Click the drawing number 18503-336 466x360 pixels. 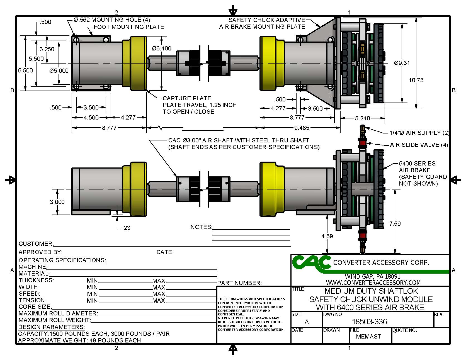369,322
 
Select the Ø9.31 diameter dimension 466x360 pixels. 402,63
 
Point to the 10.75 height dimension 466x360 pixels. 416,80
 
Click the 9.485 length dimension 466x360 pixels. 302,128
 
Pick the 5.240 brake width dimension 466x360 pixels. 362,118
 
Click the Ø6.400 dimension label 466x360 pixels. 162,48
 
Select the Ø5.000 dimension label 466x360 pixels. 59,71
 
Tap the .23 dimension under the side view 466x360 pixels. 126,228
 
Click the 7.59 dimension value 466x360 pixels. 395,224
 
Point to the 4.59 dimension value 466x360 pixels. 327,236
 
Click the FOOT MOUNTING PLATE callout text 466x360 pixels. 129,27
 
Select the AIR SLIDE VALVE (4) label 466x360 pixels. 419,145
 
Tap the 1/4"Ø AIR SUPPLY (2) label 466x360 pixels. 419,133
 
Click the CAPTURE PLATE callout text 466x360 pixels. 187,98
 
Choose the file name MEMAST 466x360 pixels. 368,337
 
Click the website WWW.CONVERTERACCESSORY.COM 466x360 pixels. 373,283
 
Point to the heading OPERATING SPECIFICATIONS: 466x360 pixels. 62,260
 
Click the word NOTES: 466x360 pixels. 201,227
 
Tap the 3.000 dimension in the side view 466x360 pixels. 57,202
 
